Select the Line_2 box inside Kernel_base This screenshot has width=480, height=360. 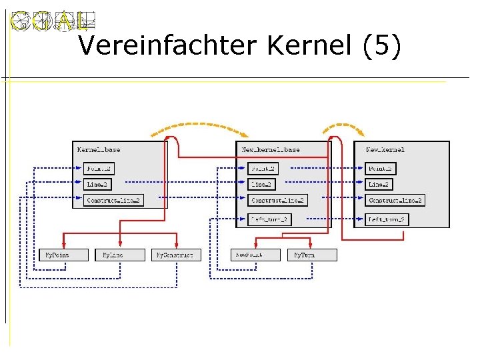[97, 184]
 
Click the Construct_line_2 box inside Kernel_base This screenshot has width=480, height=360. [114, 200]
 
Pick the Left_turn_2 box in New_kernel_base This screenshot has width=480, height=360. [269, 219]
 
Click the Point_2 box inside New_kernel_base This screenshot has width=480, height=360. [262, 169]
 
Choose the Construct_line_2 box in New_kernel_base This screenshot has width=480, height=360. [277, 200]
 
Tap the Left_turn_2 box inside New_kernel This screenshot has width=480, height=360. [386, 219]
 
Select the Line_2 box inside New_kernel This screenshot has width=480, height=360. [379, 184]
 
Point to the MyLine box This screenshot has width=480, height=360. [111, 255]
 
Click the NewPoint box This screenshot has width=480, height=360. [257, 255]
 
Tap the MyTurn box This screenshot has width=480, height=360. [312, 255]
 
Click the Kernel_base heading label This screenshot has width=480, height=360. [99, 150]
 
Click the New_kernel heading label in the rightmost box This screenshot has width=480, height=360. [385, 150]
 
